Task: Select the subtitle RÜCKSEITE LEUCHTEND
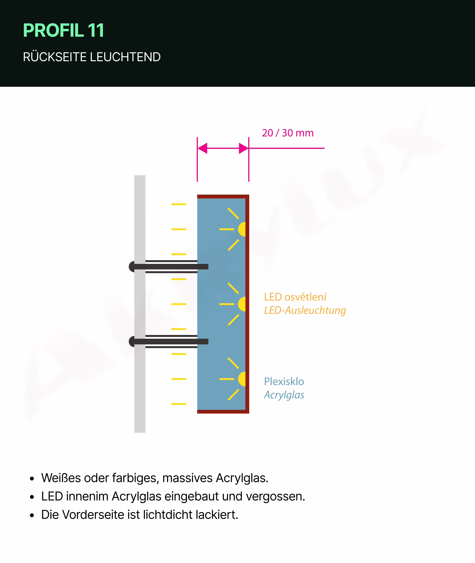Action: click(x=92, y=57)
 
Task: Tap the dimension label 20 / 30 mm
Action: click(x=288, y=133)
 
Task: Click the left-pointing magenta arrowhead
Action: click(x=203, y=148)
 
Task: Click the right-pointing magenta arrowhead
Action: click(x=243, y=148)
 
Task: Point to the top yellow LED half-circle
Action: click(x=242, y=229)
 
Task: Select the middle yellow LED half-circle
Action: click(x=242, y=304)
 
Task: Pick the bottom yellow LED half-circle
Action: click(x=242, y=379)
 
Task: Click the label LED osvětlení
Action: click(x=295, y=297)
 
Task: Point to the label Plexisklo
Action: click(x=284, y=381)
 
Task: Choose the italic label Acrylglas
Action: click(x=284, y=395)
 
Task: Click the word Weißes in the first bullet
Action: click(x=61, y=478)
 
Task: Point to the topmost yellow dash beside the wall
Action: click(x=179, y=204)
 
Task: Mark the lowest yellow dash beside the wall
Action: click(x=179, y=404)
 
